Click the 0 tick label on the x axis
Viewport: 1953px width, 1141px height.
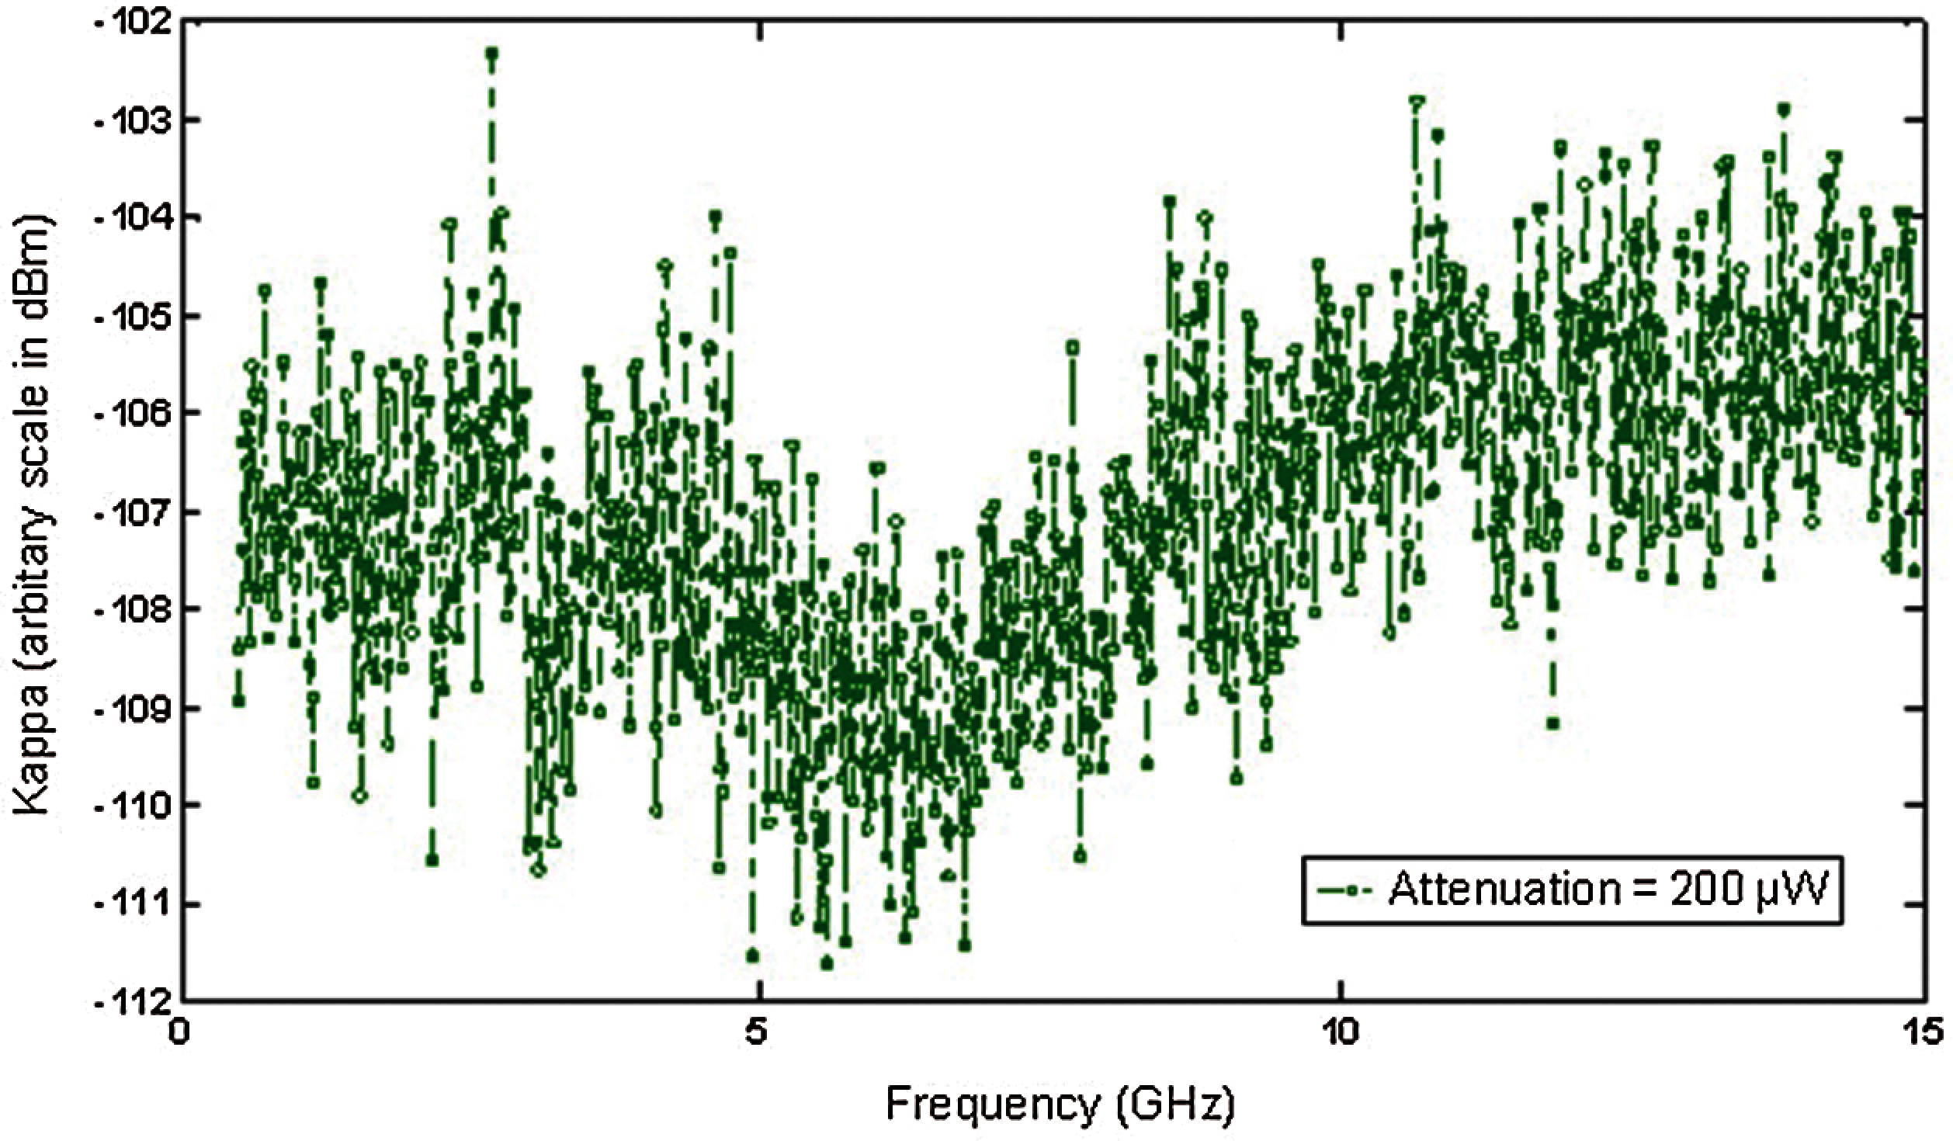(x=180, y=1037)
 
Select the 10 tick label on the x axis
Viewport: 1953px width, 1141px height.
(x=1341, y=1037)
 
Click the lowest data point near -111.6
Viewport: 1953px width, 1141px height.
(x=827, y=964)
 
